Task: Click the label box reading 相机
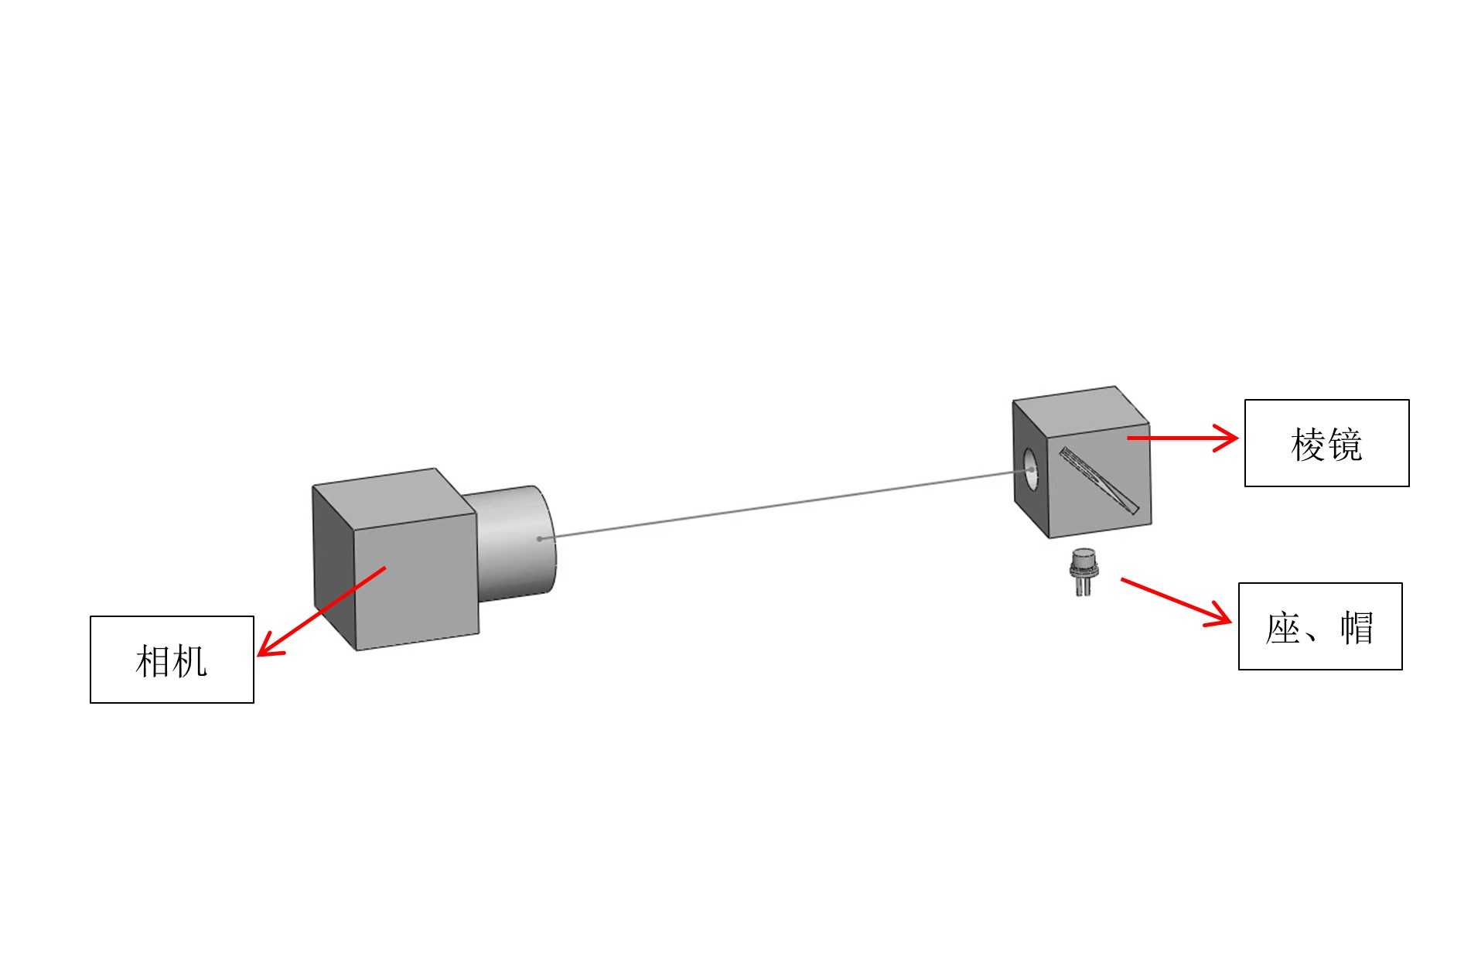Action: click(x=172, y=659)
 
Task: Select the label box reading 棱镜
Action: click(x=1326, y=443)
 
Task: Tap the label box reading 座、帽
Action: click(x=1319, y=626)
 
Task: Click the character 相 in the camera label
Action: click(x=152, y=662)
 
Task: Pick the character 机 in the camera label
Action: click(x=190, y=662)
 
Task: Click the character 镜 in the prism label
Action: click(x=1345, y=445)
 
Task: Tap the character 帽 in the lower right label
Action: click(x=1357, y=628)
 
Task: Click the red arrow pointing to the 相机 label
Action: click(x=321, y=611)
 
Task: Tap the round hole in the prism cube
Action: click(x=1030, y=469)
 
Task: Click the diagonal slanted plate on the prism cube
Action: click(x=1099, y=480)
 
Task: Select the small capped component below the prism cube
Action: click(x=1083, y=570)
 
